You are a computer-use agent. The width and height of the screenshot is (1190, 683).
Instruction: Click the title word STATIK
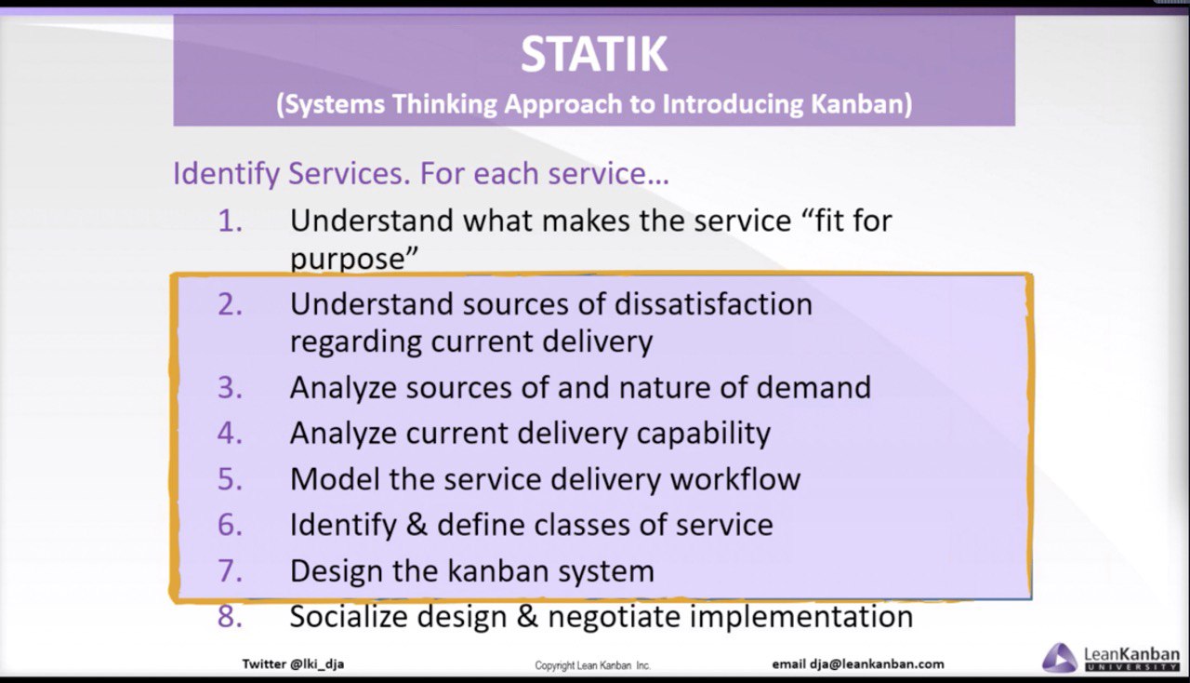(593, 54)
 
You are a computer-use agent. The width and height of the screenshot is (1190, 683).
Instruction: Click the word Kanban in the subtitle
(861, 103)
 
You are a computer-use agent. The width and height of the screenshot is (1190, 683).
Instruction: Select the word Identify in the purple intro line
(226, 174)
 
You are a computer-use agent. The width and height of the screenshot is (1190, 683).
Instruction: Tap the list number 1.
(230, 221)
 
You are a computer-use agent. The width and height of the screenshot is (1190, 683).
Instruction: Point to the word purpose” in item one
(354, 259)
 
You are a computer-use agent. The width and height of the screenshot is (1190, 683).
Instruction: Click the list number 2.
(230, 305)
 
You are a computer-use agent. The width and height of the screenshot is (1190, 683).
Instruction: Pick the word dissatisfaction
(713, 304)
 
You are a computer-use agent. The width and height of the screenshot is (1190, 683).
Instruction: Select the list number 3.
(230, 388)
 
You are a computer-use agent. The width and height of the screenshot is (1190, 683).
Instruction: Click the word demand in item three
(813, 387)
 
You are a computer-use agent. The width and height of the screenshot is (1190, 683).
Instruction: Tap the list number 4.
(230, 433)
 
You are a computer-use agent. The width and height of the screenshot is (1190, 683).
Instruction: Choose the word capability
(704, 434)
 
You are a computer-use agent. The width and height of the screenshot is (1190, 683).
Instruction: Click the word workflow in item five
(735, 478)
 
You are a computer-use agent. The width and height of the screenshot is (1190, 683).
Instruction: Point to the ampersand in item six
(417, 525)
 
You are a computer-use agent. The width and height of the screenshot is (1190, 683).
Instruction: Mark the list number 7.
(230, 570)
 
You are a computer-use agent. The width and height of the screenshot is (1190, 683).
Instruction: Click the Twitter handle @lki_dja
(317, 664)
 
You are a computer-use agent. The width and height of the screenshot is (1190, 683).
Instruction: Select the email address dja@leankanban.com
(877, 664)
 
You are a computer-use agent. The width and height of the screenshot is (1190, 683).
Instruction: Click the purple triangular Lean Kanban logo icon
(1060, 658)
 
